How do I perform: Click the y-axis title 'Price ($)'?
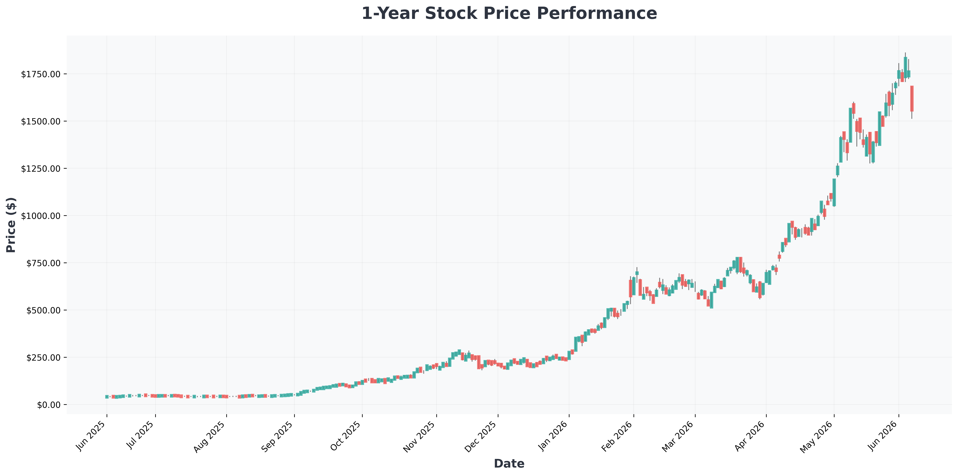11,225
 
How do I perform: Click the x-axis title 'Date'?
509,464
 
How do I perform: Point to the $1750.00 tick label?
41,74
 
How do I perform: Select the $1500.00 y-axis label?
41,121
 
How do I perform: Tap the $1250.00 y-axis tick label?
41,169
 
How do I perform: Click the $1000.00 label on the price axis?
41,216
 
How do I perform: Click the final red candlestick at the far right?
912,99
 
